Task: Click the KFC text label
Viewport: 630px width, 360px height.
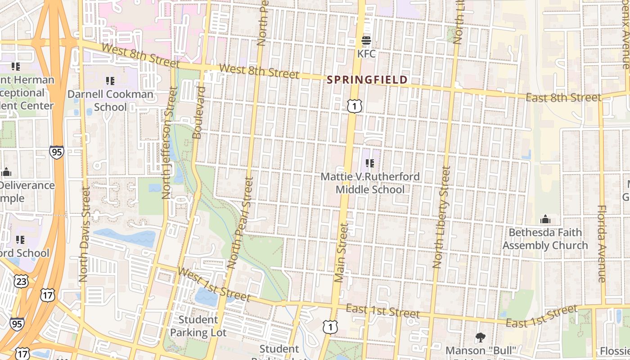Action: click(x=366, y=54)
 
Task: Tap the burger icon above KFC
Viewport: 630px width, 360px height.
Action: click(x=366, y=41)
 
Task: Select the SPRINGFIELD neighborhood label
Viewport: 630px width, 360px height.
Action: click(x=367, y=80)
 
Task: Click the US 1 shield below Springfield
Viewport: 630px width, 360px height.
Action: click(x=355, y=106)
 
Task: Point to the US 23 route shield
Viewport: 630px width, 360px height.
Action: click(x=21, y=282)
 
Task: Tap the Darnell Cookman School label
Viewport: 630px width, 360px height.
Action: click(x=110, y=101)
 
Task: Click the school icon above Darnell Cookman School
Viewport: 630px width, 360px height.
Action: click(x=110, y=81)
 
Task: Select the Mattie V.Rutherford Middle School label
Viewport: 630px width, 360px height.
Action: click(x=370, y=183)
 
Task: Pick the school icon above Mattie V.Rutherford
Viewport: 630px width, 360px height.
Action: click(x=370, y=163)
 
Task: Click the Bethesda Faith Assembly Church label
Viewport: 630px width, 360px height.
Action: click(x=545, y=239)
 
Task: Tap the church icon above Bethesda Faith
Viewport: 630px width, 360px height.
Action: click(x=545, y=220)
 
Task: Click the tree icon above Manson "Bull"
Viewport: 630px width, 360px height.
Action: click(x=480, y=337)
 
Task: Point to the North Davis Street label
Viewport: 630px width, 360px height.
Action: click(x=84, y=234)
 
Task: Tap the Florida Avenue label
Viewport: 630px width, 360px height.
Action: click(x=602, y=243)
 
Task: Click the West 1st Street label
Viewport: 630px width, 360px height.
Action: click(x=214, y=284)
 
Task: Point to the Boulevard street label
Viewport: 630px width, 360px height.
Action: click(x=198, y=112)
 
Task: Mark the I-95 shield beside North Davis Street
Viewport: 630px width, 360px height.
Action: click(x=57, y=152)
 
